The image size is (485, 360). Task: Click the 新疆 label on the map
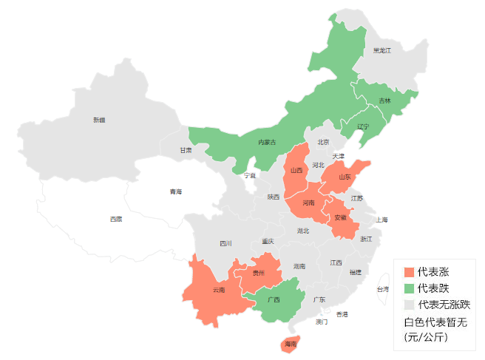(x=99, y=119)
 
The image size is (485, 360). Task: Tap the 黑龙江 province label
(x=381, y=50)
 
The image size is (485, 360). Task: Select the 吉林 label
(x=384, y=101)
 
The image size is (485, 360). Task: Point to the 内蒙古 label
(x=267, y=142)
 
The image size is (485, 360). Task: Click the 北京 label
(x=323, y=142)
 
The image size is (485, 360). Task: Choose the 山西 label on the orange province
(x=296, y=170)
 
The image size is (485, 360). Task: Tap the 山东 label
(x=345, y=177)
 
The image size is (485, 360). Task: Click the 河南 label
(x=308, y=202)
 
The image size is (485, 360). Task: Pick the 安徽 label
(x=340, y=217)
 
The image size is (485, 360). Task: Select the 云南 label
(x=218, y=290)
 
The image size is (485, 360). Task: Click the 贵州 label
(x=258, y=273)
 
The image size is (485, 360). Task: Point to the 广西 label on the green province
(x=274, y=300)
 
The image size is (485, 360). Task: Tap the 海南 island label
(x=290, y=344)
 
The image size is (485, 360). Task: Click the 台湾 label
(x=382, y=289)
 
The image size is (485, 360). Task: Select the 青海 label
(x=175, y=191)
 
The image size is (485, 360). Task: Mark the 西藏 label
(x=116, y=219)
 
